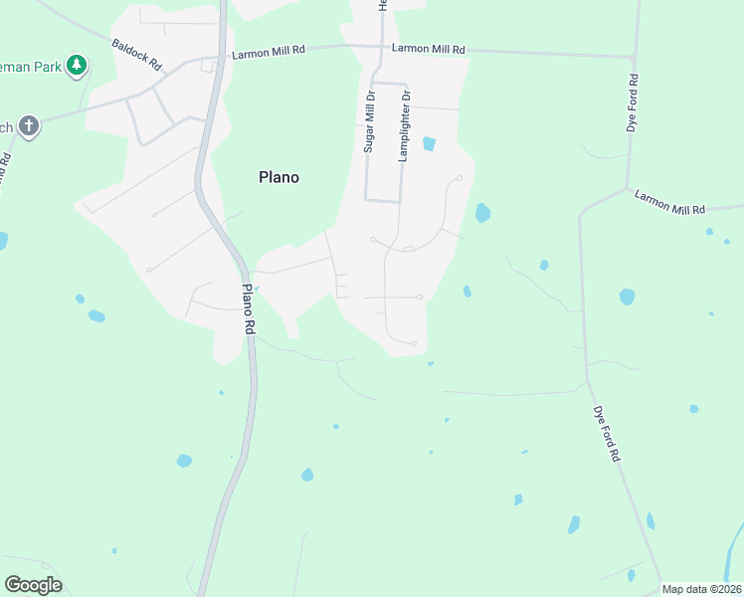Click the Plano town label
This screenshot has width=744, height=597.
279,177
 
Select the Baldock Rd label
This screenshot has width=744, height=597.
136,55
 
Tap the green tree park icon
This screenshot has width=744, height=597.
77,66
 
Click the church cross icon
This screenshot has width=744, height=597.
29,126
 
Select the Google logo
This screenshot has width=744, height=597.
33,584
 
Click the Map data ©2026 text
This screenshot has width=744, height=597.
701,589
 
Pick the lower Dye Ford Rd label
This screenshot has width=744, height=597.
607,433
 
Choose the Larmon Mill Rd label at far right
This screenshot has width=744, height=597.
669,202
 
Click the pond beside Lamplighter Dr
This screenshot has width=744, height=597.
429,143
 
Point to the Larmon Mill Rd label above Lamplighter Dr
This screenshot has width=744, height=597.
429,48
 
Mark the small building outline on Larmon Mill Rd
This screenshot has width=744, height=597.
209,66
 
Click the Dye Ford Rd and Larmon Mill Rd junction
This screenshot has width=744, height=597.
627,188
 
